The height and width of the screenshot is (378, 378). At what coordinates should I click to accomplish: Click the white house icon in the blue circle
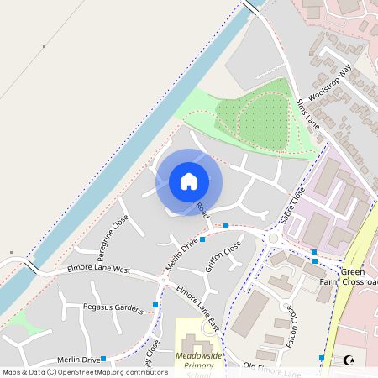[x=189, y=181]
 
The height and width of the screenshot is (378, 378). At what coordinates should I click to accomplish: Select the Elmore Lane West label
[x=99, y=270]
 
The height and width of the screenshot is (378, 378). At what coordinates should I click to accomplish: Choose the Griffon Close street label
[x=223, y=256]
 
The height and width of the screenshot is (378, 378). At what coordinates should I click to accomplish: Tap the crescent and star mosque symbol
[x=349, y=360]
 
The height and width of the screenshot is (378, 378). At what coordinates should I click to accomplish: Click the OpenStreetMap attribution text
[x=85, y=371]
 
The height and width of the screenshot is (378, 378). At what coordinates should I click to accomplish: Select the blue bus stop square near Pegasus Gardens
[x=155, y=305]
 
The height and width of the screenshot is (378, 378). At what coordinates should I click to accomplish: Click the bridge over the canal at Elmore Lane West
[x=31, y=267]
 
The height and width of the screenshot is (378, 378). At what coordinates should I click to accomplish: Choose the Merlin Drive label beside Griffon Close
[x=181, y=253]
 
